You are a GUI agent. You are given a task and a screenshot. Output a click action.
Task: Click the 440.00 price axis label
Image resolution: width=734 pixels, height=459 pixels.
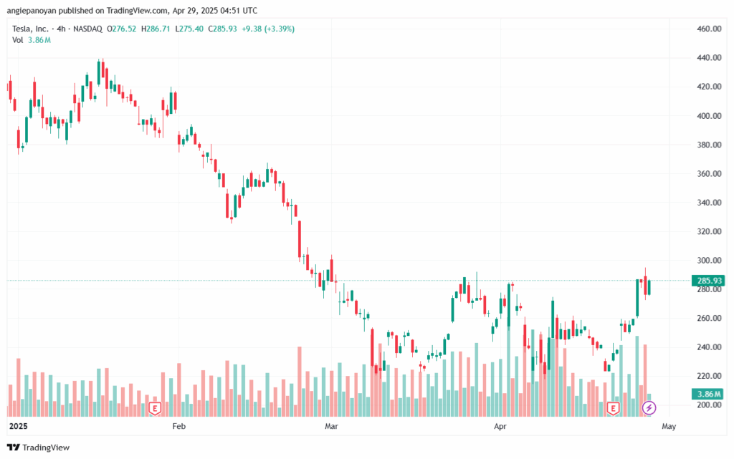(x=709, y=57)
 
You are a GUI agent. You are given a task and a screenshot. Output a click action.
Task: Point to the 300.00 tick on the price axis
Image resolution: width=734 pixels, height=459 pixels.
(x=709, y=261)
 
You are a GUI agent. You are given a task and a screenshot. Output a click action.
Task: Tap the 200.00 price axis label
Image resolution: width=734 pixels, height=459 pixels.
(x=709, y=405)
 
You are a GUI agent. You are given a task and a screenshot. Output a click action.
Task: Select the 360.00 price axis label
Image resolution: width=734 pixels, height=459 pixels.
(x=709, y=173)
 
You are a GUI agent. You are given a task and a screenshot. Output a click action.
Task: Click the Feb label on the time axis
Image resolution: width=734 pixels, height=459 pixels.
(x=178, y=426)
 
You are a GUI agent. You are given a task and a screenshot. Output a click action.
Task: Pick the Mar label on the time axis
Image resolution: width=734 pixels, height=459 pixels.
(x=331, y=426)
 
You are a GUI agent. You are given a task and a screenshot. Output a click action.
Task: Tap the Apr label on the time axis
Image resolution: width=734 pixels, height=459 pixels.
(x=500, y=426)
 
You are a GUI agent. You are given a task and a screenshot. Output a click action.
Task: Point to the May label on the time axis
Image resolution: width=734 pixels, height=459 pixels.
(x=669, y=426)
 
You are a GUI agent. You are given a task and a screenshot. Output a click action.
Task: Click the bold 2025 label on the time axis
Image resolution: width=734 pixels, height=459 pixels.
(x=18, y=426)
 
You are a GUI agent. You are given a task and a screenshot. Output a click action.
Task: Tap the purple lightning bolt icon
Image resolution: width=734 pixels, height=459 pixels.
(x=649, y=408)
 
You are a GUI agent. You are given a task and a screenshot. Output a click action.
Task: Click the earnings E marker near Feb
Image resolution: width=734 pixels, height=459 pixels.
(x=155, y=408)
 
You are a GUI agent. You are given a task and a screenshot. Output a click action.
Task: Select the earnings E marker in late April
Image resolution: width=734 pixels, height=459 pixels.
(x=613, y=408)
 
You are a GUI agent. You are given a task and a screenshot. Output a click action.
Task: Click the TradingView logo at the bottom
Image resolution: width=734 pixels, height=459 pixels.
(x=39, y=448)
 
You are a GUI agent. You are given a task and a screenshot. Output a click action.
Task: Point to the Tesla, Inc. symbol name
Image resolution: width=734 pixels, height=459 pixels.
(x=30, y=29)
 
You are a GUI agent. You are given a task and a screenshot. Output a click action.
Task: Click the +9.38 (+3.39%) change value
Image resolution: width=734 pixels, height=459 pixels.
(x=268, y=29)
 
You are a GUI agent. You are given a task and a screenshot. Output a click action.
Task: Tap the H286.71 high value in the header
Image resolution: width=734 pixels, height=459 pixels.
(x=156, y=29)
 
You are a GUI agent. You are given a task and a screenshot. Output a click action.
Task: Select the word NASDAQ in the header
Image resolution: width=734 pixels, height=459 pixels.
(x=87, y=29)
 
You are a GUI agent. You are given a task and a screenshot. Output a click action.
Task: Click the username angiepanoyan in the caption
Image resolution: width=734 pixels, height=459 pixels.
(x=32, y=10)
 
